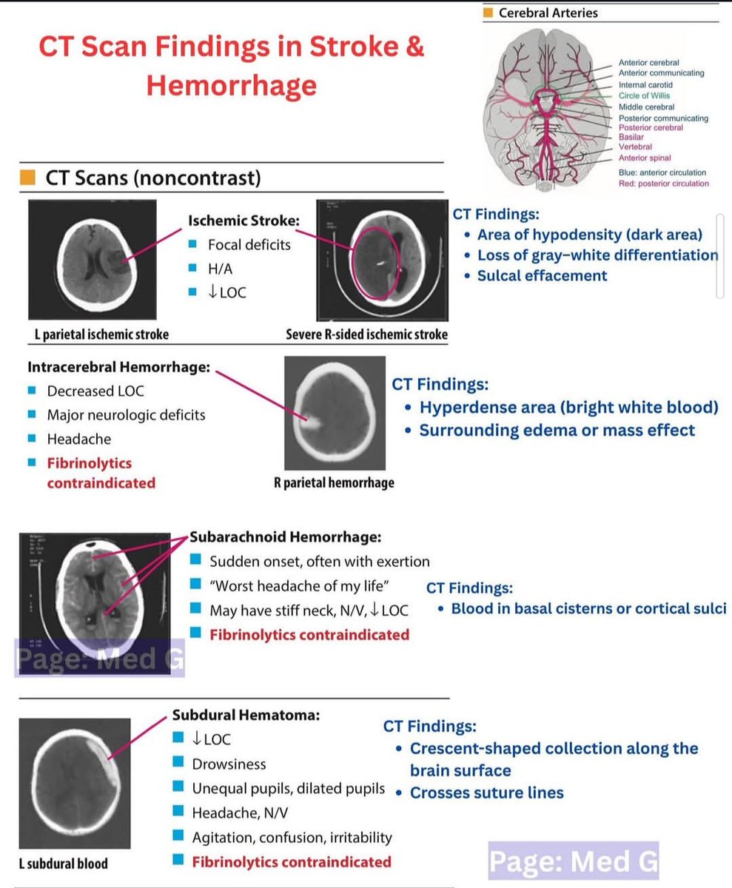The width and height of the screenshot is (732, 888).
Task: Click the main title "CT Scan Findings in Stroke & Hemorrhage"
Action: point(231,66)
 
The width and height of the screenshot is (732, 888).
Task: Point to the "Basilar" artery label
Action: point(631,137)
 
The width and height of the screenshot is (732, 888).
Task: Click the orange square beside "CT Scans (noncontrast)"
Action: point(27,178)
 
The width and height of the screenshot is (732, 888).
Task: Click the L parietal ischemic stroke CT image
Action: point(93,259)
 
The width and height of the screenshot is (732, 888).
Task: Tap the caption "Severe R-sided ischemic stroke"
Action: point(366,334)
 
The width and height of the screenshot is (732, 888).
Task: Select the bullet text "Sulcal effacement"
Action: point(542,276)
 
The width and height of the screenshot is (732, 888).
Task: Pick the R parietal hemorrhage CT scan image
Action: point(335,412)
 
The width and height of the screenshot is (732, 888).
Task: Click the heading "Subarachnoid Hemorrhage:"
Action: point(286,536)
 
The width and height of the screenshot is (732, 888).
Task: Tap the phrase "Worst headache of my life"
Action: point(299,586)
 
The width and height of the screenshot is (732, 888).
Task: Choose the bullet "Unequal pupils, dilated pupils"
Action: point(289,788)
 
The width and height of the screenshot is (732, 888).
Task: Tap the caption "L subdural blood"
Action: point(64,864)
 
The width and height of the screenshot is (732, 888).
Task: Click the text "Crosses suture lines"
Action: point(486,793)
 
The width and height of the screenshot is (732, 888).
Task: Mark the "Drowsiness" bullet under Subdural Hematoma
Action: point(229,764)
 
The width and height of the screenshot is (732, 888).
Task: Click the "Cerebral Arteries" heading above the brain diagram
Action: point(548,13)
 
